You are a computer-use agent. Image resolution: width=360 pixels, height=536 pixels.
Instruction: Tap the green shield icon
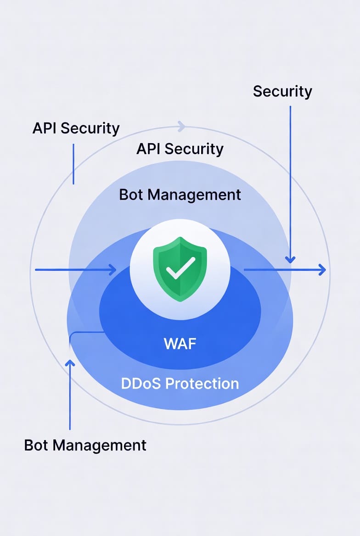[x=180, y=268]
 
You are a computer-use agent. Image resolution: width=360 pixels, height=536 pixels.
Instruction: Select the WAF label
[x=180, y=343]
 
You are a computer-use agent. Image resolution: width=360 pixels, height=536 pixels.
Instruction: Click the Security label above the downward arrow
[x=282, y=91]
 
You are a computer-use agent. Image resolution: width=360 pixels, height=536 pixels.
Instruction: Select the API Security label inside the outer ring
[x=180, y=149]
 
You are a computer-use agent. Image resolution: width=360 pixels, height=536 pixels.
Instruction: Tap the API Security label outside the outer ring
[x=76, y=128]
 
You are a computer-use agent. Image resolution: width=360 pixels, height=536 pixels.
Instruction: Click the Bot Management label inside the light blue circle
[x=180, y=194]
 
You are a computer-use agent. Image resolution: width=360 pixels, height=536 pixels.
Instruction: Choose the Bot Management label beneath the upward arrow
[x=85, y=445]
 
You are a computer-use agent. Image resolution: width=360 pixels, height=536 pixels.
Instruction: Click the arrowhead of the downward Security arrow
[x=290, y=260]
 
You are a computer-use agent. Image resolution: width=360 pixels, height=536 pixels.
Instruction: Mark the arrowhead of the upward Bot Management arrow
[x=70, y=363]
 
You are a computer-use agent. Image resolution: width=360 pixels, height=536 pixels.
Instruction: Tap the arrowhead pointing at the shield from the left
[x=112, y=270]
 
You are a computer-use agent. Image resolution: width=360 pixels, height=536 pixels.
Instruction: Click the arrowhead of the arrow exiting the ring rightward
[x=322, y=270]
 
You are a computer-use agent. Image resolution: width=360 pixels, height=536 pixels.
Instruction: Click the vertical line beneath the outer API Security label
[x=73, y=163]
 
